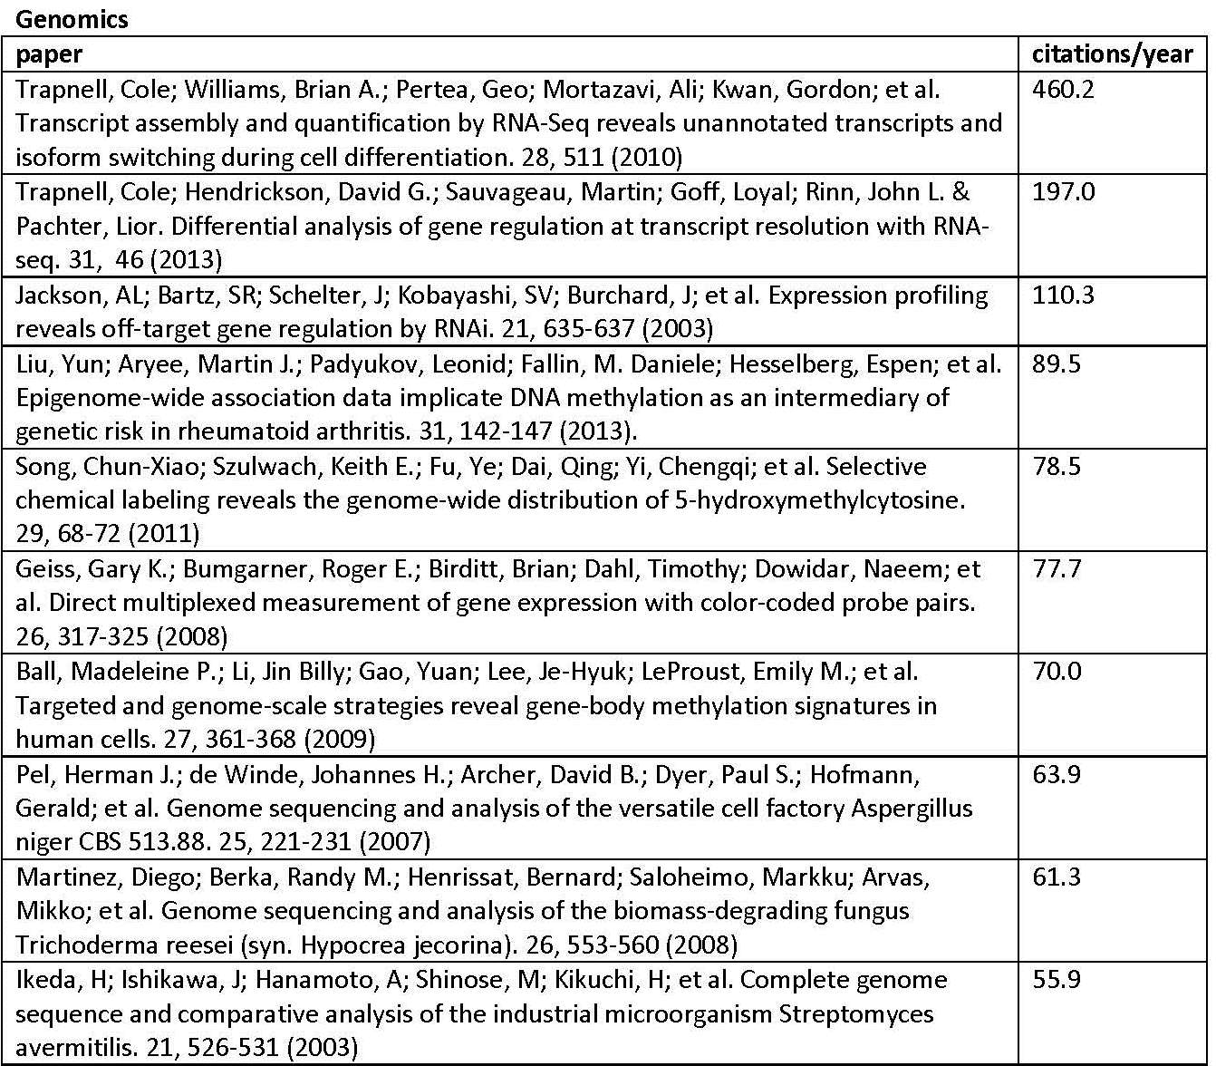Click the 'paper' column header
click(49, 54)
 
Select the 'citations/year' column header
click(1113, 54)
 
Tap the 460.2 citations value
click(1063, 90)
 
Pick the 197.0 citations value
click(1063, 192)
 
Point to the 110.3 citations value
click(1063, 296)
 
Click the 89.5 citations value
click(1057, 364)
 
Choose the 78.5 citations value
click(1057, 467)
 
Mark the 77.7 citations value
click(1057, 569)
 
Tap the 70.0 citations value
click(1057, 672)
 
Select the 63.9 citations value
click(1057, 775)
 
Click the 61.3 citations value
click(1057, 877)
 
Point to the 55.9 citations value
click(1057, 980)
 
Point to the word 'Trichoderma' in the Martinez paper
click(88, 945)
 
